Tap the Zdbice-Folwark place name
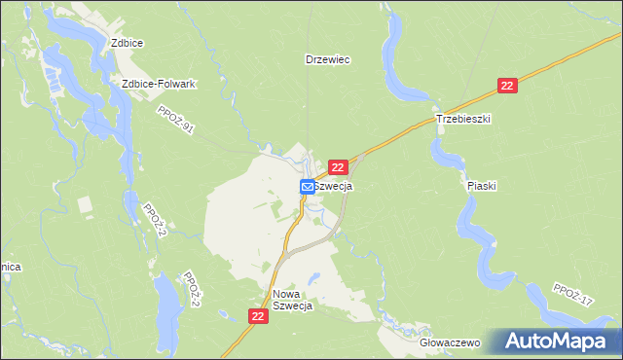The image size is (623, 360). click(159, 84)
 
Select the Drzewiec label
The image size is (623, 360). click(327, 59)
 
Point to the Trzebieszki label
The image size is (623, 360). click(463, 118)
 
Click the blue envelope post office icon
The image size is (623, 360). click(307, 186)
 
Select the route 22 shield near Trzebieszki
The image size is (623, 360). click(506, 86)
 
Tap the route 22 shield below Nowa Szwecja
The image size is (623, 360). click(258, 316)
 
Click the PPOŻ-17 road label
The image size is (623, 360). click(571, 295)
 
